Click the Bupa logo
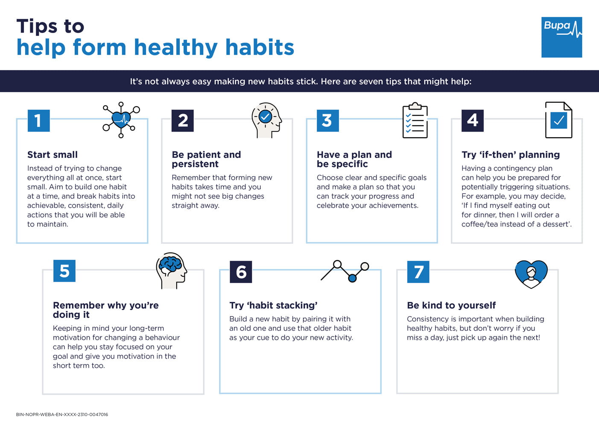click(x=561, y=37)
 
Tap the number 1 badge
click(x=38, y=121)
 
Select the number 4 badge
click(x=472, y=121)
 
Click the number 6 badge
click(x=241, y=272)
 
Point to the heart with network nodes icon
click(x=121, y=119)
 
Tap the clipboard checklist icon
click(x=415, y=120)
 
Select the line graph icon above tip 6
click(x=345, y=271)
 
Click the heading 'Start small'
click(x=53, y=155)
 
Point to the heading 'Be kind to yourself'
click(x=451, y=305)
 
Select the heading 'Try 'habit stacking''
click(x=273, y=305)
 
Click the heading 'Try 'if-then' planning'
click(x=511, y=155)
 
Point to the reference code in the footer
click(x=62, y=414)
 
